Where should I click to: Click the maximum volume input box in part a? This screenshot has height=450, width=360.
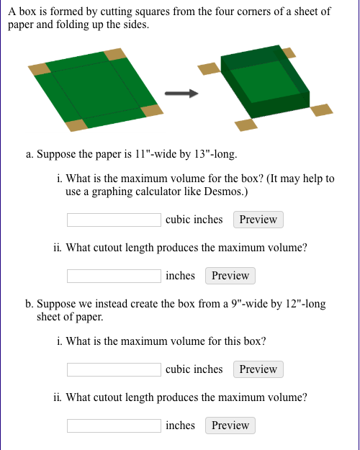coord(114,220)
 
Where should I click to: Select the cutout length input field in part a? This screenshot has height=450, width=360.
coord(114,276)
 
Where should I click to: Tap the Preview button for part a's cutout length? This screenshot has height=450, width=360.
coord(230,276)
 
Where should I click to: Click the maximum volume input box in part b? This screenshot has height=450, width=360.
coord(114,369)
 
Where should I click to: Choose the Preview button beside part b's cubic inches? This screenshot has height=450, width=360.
coord(258,369)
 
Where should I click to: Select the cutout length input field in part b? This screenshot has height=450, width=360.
coord(114,426)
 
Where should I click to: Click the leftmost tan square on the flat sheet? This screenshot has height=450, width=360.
coord(39,68)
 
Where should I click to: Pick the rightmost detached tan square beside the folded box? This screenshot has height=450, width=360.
coord(321,110)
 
